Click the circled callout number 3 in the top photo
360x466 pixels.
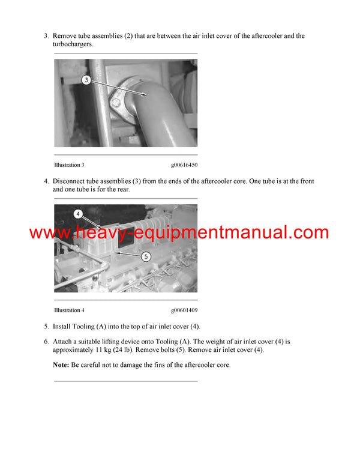86,80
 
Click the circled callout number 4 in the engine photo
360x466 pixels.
77,213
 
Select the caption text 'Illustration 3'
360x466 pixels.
69,165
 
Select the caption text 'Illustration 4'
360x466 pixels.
69,310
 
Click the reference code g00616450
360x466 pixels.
184,165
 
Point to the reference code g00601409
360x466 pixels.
184,310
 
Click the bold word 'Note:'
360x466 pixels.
61,365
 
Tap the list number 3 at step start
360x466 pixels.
46,36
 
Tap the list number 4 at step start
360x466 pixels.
46,181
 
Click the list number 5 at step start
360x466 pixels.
46,327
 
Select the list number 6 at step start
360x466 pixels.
46,342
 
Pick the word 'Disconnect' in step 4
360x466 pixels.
70,181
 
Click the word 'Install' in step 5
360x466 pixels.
62,327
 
